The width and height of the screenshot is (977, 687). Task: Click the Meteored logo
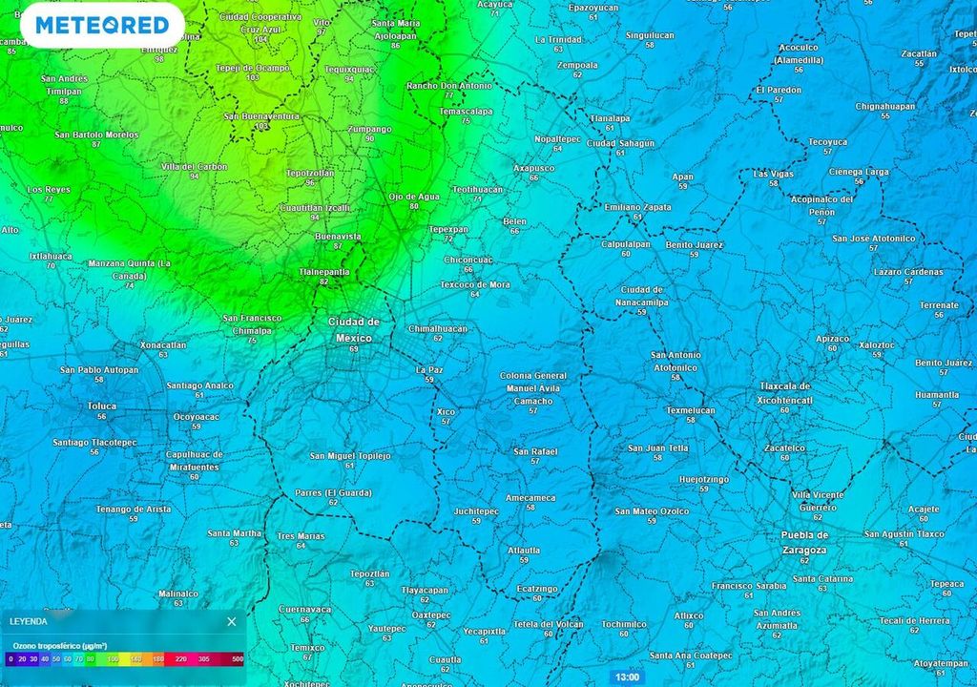101,25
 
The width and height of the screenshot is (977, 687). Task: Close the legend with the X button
231,621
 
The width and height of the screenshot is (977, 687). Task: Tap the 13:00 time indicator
627,677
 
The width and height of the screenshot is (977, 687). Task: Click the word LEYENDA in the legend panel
28,621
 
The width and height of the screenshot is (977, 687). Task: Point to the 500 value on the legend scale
237,658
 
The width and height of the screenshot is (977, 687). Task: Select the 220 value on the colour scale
181,658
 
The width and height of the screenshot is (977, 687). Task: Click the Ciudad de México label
354,329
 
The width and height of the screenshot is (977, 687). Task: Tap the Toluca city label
102,406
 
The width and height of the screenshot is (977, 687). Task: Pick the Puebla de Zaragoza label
803,542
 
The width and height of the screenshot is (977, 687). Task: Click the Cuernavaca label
304,609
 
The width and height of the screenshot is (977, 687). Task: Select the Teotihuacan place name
477,189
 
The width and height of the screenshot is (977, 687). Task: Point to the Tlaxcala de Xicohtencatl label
785,393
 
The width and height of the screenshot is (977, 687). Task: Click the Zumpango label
370,129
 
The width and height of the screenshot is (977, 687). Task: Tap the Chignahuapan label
884,106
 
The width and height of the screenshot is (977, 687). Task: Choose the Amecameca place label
530,497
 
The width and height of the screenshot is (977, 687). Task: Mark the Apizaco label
832,338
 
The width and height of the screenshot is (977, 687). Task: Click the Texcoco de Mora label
474,284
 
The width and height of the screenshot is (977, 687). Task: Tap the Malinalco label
177,593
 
